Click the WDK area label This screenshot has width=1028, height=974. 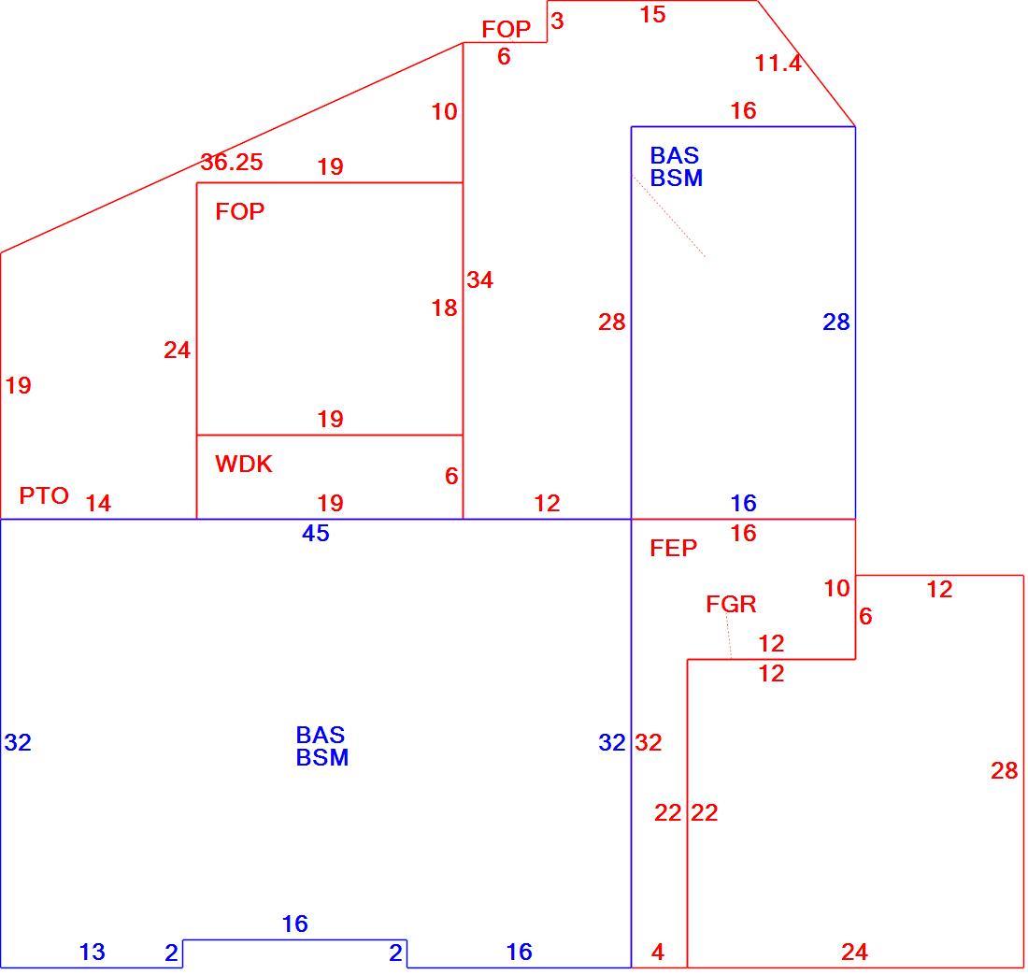pos(243,464)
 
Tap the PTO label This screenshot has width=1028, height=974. pos(44,495)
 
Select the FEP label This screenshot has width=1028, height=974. pos(673,548)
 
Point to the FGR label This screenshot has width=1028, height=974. pos(731,604)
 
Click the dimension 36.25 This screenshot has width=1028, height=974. pos(232,162)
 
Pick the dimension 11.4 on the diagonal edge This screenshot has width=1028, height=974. pos(778,63)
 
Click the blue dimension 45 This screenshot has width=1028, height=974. pos(315,533)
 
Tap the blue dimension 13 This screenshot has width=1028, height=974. pos(92,952)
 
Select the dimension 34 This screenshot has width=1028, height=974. pos(480,280)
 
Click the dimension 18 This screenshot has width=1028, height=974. pos(444,308)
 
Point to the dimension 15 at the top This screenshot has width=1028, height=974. pos(652,14)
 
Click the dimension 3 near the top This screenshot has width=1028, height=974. pos(557,21)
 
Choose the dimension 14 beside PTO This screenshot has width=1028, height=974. pos(98,503)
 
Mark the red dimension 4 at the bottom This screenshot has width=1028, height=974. pos(658,952)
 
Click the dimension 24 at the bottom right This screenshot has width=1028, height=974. pos(854,952)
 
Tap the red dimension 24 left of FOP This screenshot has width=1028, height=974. pos(177,351)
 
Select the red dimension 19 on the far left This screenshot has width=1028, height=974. pos(19,385)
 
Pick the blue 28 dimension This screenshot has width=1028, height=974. pos(835,322)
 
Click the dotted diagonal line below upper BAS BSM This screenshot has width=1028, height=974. pos(669,216)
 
